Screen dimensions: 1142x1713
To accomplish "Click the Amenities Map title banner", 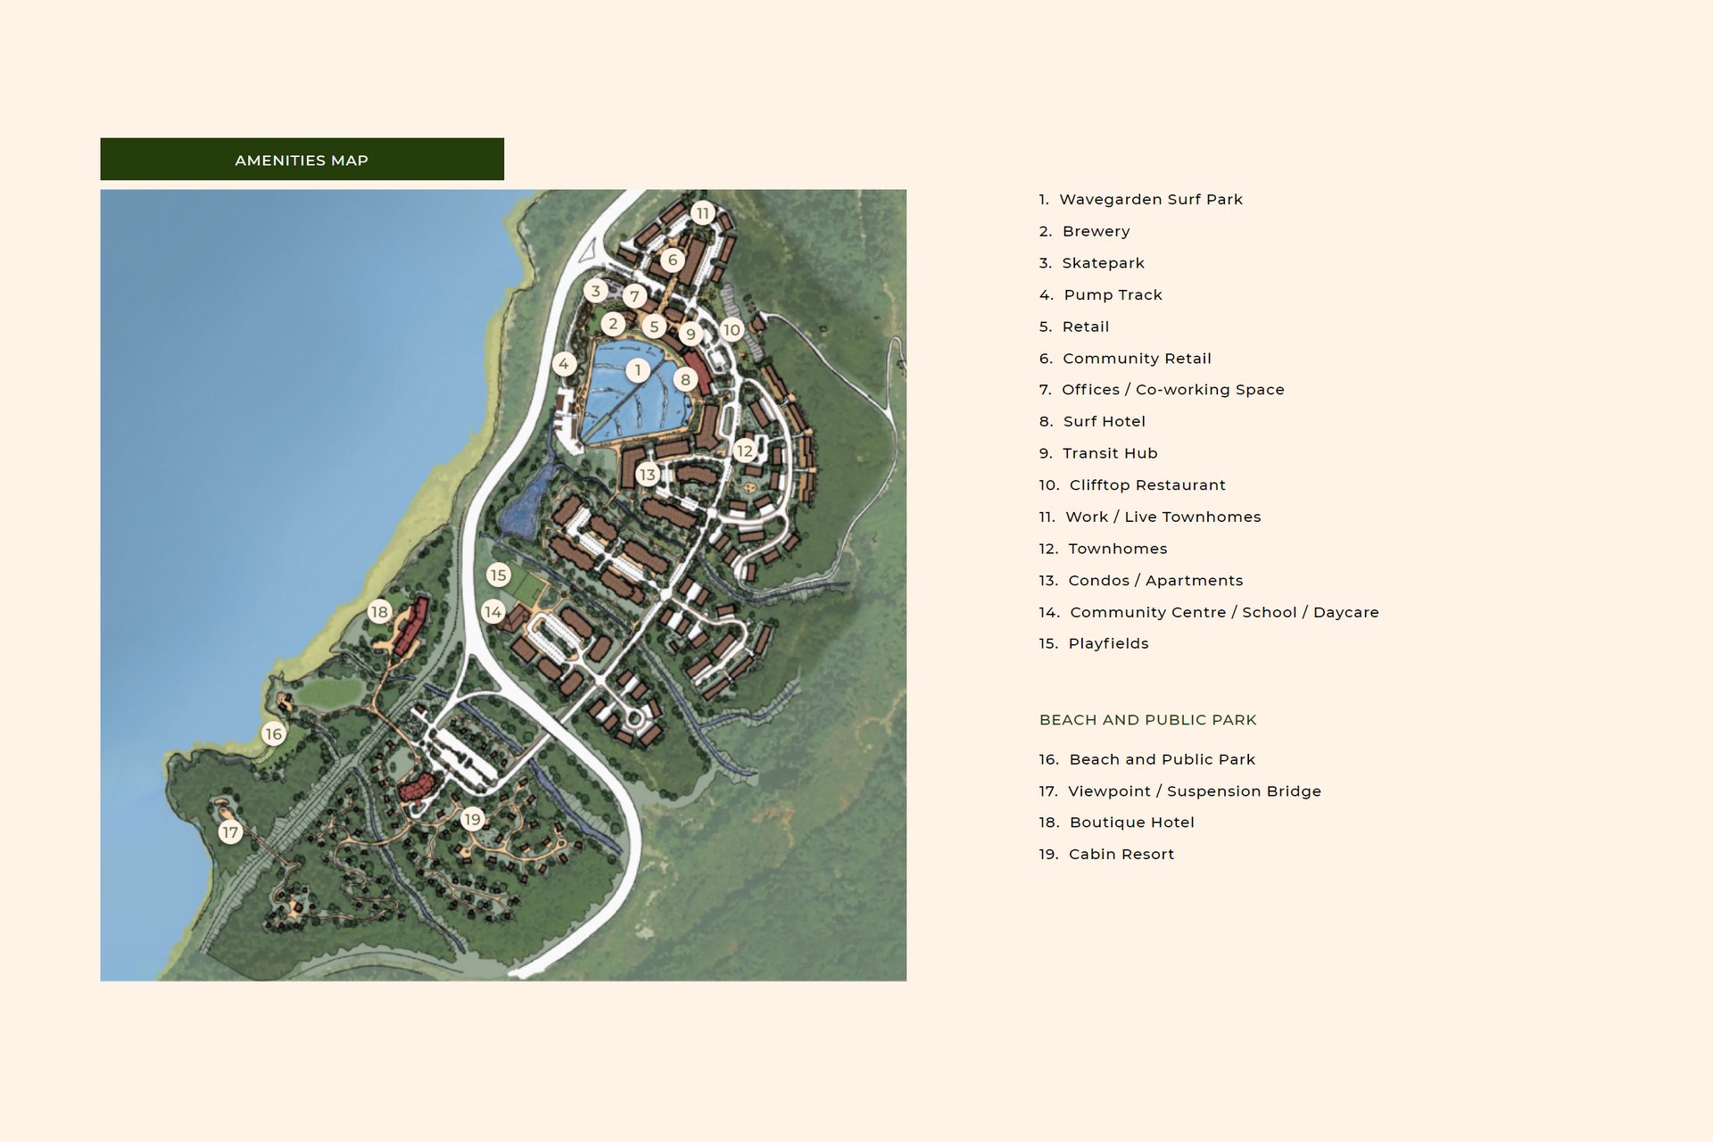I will click(302, 160).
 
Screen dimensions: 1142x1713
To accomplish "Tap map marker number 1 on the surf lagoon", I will click(637, 369).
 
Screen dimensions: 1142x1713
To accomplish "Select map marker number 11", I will click(703, 213).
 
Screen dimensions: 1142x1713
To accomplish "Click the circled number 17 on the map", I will click(230, 832).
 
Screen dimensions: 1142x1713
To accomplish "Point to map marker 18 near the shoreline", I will click(379, 612).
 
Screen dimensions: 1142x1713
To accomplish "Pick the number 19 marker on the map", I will click(472, 819).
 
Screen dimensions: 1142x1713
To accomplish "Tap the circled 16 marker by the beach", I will click(273, 734).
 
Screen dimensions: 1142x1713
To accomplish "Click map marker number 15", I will click(498, 575).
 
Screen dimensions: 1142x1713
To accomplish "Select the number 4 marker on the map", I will click(563, 364).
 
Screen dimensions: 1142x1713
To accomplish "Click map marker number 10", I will click(732, 330).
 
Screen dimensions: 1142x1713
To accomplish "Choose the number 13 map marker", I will click(647, 475).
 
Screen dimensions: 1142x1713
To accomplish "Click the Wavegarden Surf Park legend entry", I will click(1140, 200).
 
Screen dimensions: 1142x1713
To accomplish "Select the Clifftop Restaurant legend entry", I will click(1131, 485).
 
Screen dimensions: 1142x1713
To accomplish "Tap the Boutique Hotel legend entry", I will click(1116, 823).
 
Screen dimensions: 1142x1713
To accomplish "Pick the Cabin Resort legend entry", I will click(1106, 855).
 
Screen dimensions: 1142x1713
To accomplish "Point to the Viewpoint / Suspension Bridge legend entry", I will click(1179, 791).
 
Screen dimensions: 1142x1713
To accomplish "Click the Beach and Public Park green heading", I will click(1147, 720).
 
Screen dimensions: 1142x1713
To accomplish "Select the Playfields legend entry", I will click(1093, 644).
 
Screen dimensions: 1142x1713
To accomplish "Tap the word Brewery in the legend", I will click(1096, 232).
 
